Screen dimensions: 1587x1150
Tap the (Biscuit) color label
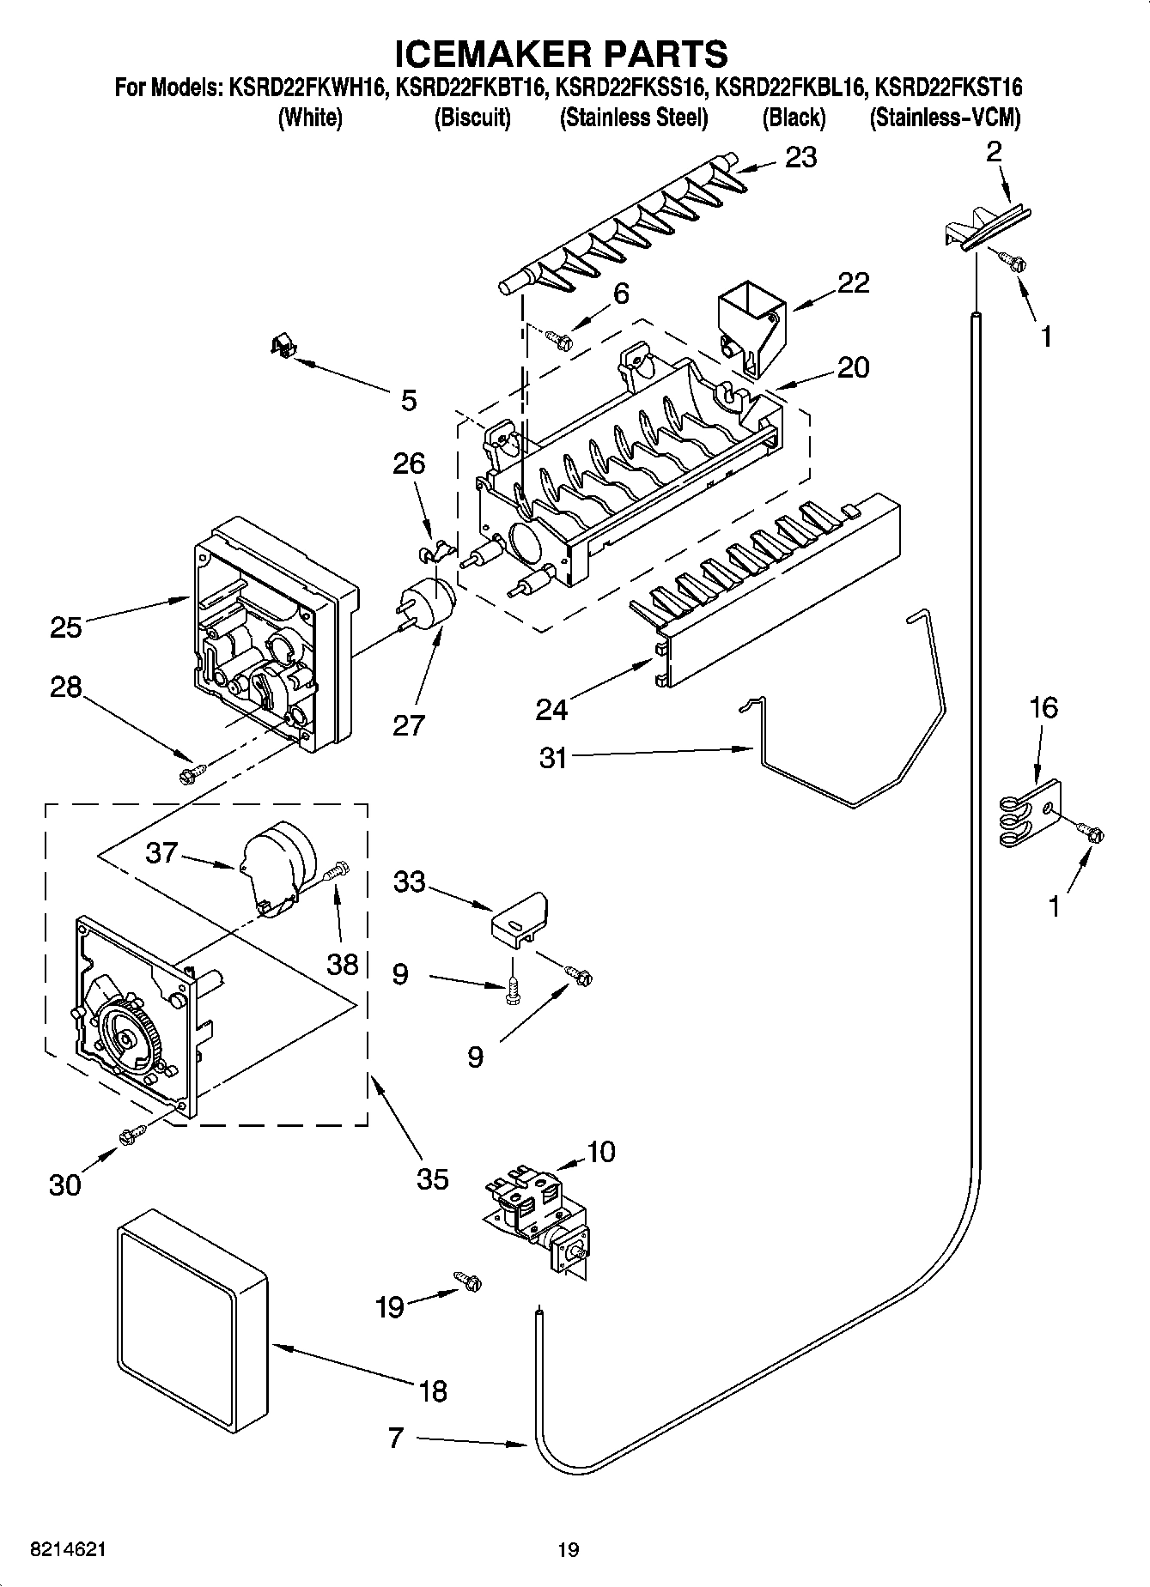point(472,118)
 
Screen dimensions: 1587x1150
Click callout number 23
point(800,158)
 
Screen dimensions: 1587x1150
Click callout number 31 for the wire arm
point(553,757)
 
